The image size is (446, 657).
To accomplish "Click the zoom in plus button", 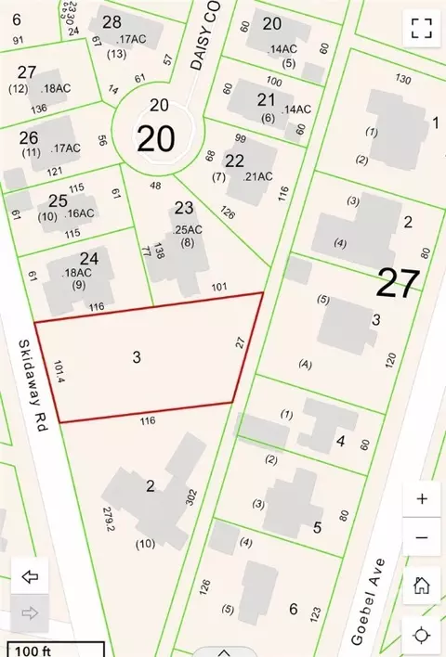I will point(422,499).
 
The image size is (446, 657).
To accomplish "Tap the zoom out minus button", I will point(422,537).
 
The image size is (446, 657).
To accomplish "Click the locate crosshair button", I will point(422,635).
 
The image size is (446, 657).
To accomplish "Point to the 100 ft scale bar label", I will point(29,649).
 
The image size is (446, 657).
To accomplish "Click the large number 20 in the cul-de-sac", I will point(157,138).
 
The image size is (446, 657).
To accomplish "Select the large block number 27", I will point(398,283).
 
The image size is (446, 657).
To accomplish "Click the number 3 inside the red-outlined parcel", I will point(136,356).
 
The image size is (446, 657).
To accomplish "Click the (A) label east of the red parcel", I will point(304,365).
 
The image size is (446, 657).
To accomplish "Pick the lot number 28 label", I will point(112,22).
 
